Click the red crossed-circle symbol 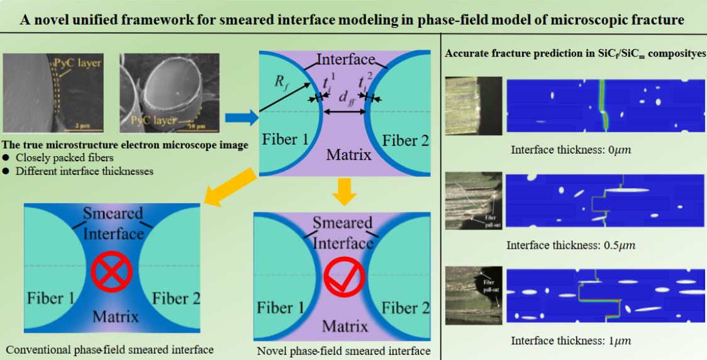[x=111, y=272]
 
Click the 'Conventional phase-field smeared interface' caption [x=109, y=349]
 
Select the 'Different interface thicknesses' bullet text [x=84, y=171]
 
